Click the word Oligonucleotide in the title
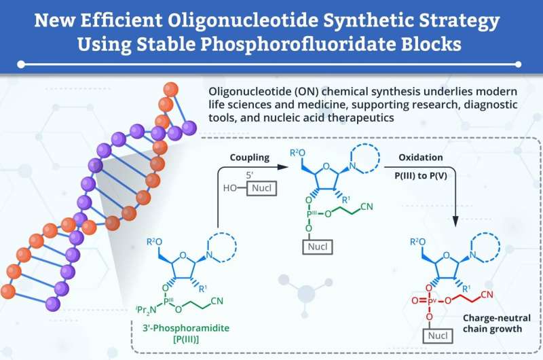tap(243, 20)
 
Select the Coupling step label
tap(250, 158)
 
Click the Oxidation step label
tap(421, 158)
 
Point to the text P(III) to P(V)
tap(421, 176)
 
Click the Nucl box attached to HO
tap(261, 188)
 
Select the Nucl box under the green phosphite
tap(318, 247)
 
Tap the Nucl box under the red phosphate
tap(438, 336)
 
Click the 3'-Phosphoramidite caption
tap(186, 328)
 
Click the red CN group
tap(487, 295)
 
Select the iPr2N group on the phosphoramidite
tap(146, 310)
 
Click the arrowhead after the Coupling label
tap(283, 167)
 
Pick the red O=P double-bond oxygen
tap(415, 301)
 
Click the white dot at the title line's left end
tap(21, 65)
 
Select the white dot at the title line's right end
tap(519, 65)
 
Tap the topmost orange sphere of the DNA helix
tap(170, 90)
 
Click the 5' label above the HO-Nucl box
tap(250, 175)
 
